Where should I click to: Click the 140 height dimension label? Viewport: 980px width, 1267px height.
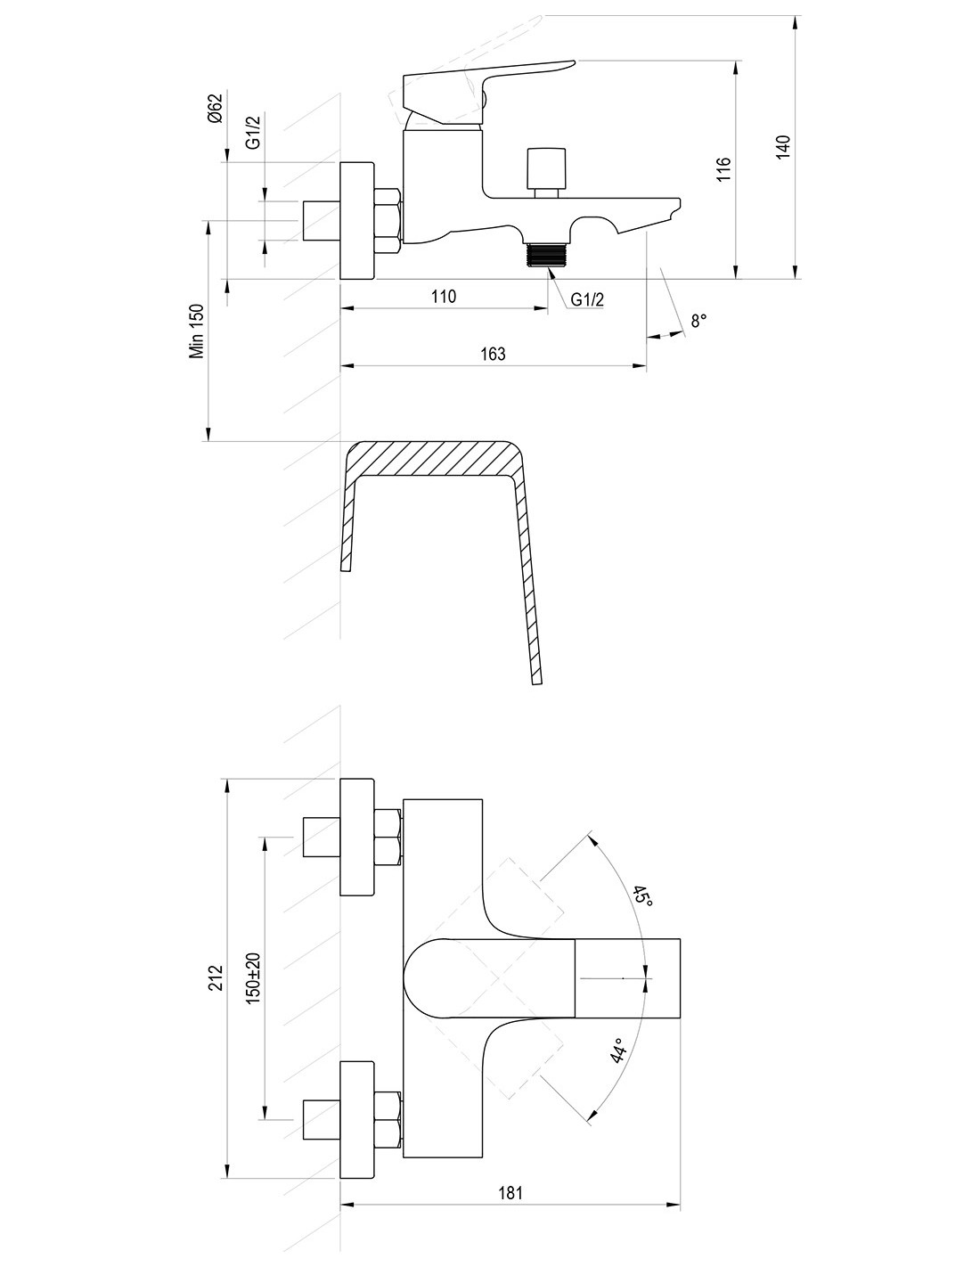pyautogui.click(x=783, y=146)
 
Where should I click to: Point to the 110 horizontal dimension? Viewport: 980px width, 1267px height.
pyautogui.click(x=443, y=297)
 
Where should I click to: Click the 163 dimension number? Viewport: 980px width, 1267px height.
pyautogui.click(x=492, y=354)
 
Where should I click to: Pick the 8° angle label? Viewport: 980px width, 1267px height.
pyautogui.click(x=698, y=320)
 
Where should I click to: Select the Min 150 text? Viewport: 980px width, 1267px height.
pyautogui.click(x=197, y=331)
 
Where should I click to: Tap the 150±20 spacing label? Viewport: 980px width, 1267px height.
pyautogui.click(x=254, y=979)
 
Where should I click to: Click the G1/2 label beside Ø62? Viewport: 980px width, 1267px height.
pyautogui.click(x=254, y=133)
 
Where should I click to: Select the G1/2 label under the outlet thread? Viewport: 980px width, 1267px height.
pyautogui.click(x=587, y=299)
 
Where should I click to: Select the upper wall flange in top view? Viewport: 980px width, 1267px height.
pyautogui.click(x=357, y=838)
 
